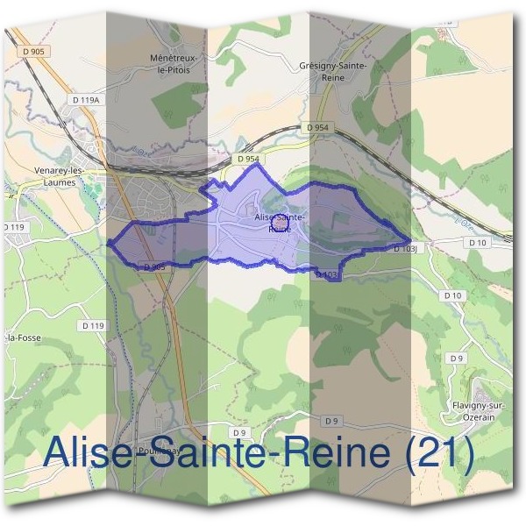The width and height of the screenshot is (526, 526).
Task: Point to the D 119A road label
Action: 87,101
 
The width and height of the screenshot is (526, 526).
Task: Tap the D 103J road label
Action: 404,249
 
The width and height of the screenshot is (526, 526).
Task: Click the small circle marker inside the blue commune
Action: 280,224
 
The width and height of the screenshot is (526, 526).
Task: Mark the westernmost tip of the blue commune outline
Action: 108,245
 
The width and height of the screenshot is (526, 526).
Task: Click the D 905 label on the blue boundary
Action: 153,266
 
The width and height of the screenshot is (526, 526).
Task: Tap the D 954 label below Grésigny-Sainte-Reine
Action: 317,128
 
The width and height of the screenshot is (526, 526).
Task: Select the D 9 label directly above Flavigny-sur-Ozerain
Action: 456,359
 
